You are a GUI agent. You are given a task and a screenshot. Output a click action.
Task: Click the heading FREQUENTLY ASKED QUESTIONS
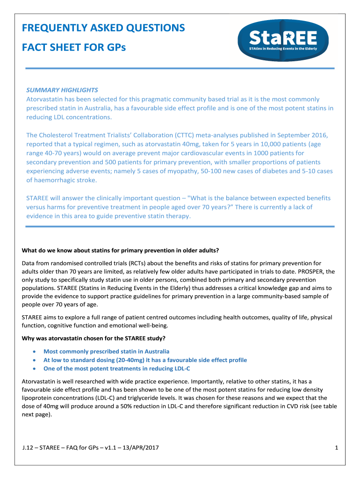tap(103, 28)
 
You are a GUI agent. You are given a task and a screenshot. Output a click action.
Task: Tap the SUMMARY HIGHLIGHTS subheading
tap(62, 90)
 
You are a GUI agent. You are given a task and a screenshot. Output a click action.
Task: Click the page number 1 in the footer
tap(337, 449)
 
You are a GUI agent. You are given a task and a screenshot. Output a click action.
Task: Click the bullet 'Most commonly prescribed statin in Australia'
tap(106, 351)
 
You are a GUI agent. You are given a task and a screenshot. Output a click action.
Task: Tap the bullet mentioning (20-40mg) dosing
tap(145, 360)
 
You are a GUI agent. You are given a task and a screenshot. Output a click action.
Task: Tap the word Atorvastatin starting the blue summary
tap(47, 99)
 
